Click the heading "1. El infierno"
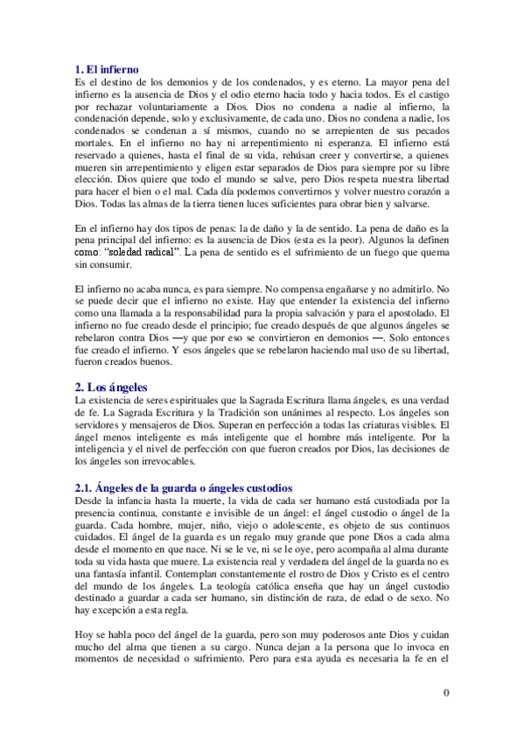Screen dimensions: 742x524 point(108,68)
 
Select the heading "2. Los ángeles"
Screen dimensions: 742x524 point(112,386)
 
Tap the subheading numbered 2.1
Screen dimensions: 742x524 point(182,487)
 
